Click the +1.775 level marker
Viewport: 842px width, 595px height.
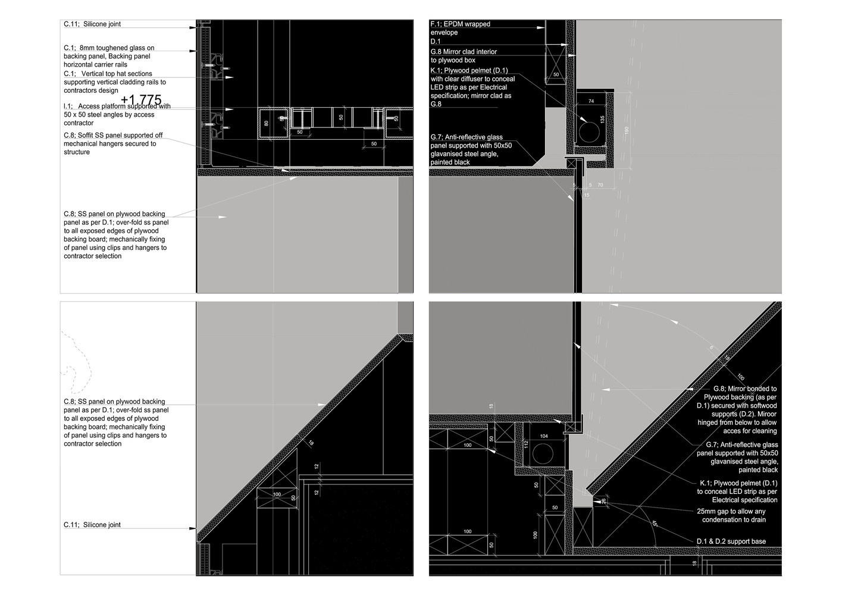pos(141,100)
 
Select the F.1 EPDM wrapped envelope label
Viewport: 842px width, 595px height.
pos(461,24)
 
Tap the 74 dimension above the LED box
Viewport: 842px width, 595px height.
pos(591,102)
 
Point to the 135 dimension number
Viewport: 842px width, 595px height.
pos(602,120)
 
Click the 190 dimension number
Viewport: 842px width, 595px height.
pos(625,130)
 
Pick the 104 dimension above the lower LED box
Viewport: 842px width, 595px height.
pos(543,436)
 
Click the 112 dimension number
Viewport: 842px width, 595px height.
pos(526,443)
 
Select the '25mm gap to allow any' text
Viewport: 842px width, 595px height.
pos(731,511)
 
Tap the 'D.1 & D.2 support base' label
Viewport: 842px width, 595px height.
pos(731,541)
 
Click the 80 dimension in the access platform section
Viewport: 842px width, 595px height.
pos(266,123)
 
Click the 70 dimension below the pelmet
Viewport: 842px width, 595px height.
pos(600,185)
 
